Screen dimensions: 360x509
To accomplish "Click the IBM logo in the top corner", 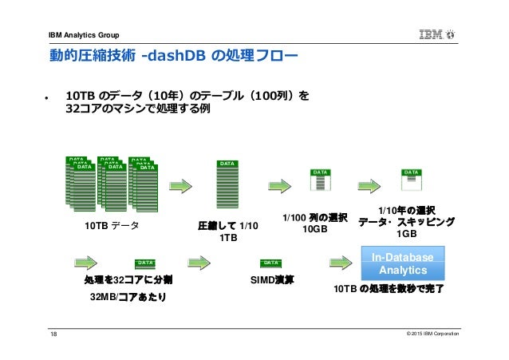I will (x=436, y=34).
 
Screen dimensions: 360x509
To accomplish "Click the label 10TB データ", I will (x=112, y=225).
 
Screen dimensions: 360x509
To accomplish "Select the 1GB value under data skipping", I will (x=407, y=234).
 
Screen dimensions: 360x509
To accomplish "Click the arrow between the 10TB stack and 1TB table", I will (x=181, y=185).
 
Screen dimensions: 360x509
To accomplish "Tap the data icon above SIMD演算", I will (x=270, y=263).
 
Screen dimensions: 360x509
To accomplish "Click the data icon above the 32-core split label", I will (x=144, y=263).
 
